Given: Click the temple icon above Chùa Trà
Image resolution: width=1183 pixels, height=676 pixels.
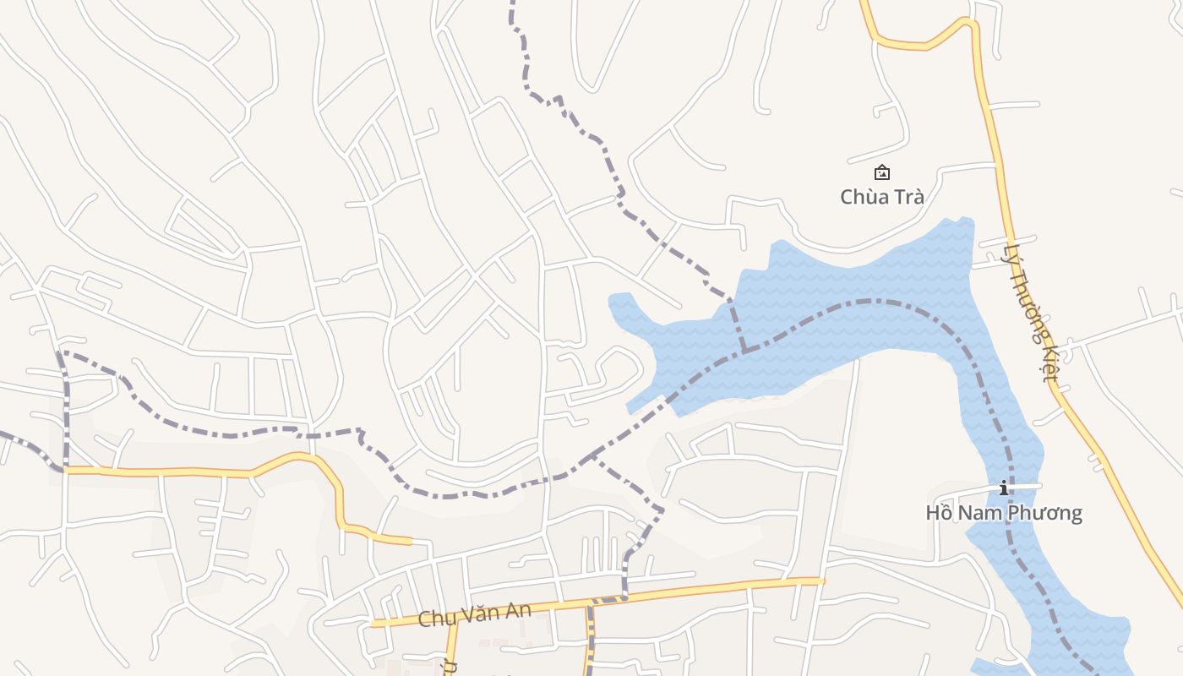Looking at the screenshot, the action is [881, 172].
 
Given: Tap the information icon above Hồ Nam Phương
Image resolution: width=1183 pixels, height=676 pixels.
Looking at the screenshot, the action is [1004, 488].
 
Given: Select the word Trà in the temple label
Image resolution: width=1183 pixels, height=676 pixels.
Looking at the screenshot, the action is [905, 197].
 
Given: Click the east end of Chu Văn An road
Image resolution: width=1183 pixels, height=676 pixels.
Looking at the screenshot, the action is [821, 581].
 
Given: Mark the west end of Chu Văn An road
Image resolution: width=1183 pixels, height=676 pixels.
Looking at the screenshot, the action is [373, 624].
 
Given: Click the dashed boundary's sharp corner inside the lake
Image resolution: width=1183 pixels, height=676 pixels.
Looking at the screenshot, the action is [744, 350].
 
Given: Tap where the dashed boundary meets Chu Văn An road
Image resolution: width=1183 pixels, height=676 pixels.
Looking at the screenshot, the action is [624, 597].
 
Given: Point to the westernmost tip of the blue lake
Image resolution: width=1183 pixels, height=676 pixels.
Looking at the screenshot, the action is [611, 298].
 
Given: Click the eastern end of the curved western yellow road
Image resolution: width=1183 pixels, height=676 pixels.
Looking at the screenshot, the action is [410, 541].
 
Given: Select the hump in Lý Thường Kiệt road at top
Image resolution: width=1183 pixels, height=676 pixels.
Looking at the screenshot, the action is [968, 22].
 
